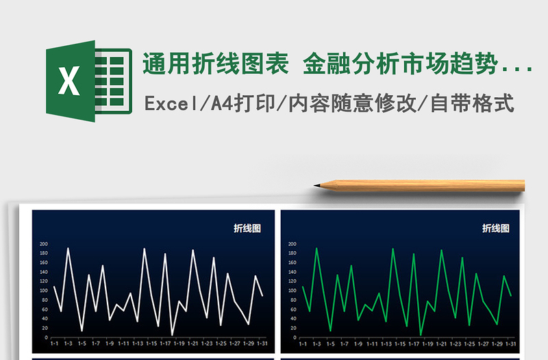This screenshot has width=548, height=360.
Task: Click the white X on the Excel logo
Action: click(68, 81)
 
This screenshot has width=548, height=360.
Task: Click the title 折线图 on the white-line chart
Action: click(247, 229)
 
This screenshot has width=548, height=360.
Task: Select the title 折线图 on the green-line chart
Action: click(496, 229)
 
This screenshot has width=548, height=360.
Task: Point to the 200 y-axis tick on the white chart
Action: click(44, 244)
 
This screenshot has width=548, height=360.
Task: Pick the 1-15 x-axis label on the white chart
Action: click(151, 344)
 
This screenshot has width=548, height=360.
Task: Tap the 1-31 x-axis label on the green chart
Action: click(510, 344)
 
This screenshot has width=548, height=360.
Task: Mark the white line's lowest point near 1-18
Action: click(172, 335)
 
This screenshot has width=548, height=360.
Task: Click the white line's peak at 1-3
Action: click(68, 248)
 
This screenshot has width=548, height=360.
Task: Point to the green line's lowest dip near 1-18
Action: click(421, 335)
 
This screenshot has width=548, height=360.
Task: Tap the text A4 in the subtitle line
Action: click(219, 104)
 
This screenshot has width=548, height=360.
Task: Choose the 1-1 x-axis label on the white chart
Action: click(54, 344)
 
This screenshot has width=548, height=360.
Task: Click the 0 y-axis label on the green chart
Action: click(294, 337)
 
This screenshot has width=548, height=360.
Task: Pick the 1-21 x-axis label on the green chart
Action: click(441, 344)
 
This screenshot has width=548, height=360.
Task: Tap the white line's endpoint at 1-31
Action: click(262, 296)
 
